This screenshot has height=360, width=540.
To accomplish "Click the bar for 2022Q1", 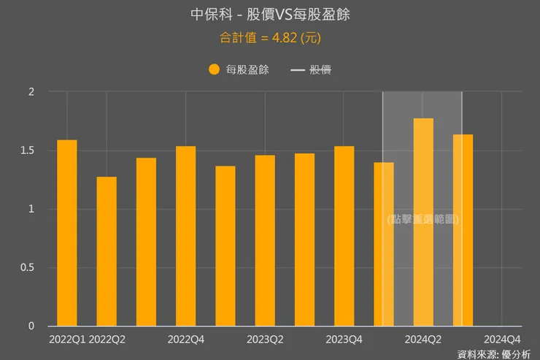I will (x=67, y=233).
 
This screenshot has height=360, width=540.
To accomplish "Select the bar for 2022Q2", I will (x=107, y=251).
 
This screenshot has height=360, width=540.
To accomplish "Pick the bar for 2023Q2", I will (x=265, y=240).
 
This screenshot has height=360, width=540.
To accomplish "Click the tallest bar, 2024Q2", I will (x=423, y=222).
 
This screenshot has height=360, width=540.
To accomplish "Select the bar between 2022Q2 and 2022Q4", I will (x=146, y=242).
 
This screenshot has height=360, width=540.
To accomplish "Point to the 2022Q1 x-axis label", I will (x=67, y=340).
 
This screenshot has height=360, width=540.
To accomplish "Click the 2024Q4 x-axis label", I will (x=503, y=340).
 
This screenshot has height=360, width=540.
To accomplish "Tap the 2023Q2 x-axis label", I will (x=265, y=340).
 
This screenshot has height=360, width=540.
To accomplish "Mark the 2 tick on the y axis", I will (x=31, y=92).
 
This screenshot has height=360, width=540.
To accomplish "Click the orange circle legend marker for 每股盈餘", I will (x=214, y=70).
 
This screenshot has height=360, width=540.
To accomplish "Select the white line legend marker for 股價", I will (x=298, y=70).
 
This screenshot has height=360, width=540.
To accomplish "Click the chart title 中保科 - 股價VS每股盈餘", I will (x=270, y=15).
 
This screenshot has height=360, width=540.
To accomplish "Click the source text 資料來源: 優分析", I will (x=494, y=353).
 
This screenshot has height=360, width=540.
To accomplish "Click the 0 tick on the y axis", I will (x=31, y=326).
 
